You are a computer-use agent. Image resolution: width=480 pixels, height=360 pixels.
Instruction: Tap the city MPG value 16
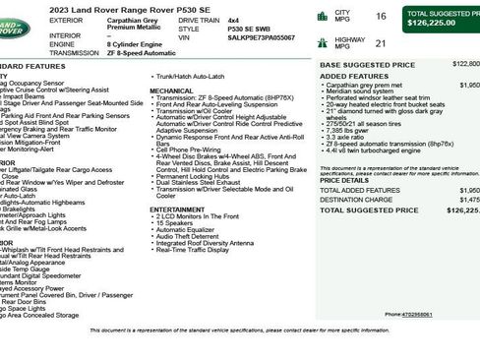tap(381, 16)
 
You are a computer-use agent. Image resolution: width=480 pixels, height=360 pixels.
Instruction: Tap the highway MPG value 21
tap(381, 43)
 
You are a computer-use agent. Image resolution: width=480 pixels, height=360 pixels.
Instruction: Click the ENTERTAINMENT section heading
tap(178, 209)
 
